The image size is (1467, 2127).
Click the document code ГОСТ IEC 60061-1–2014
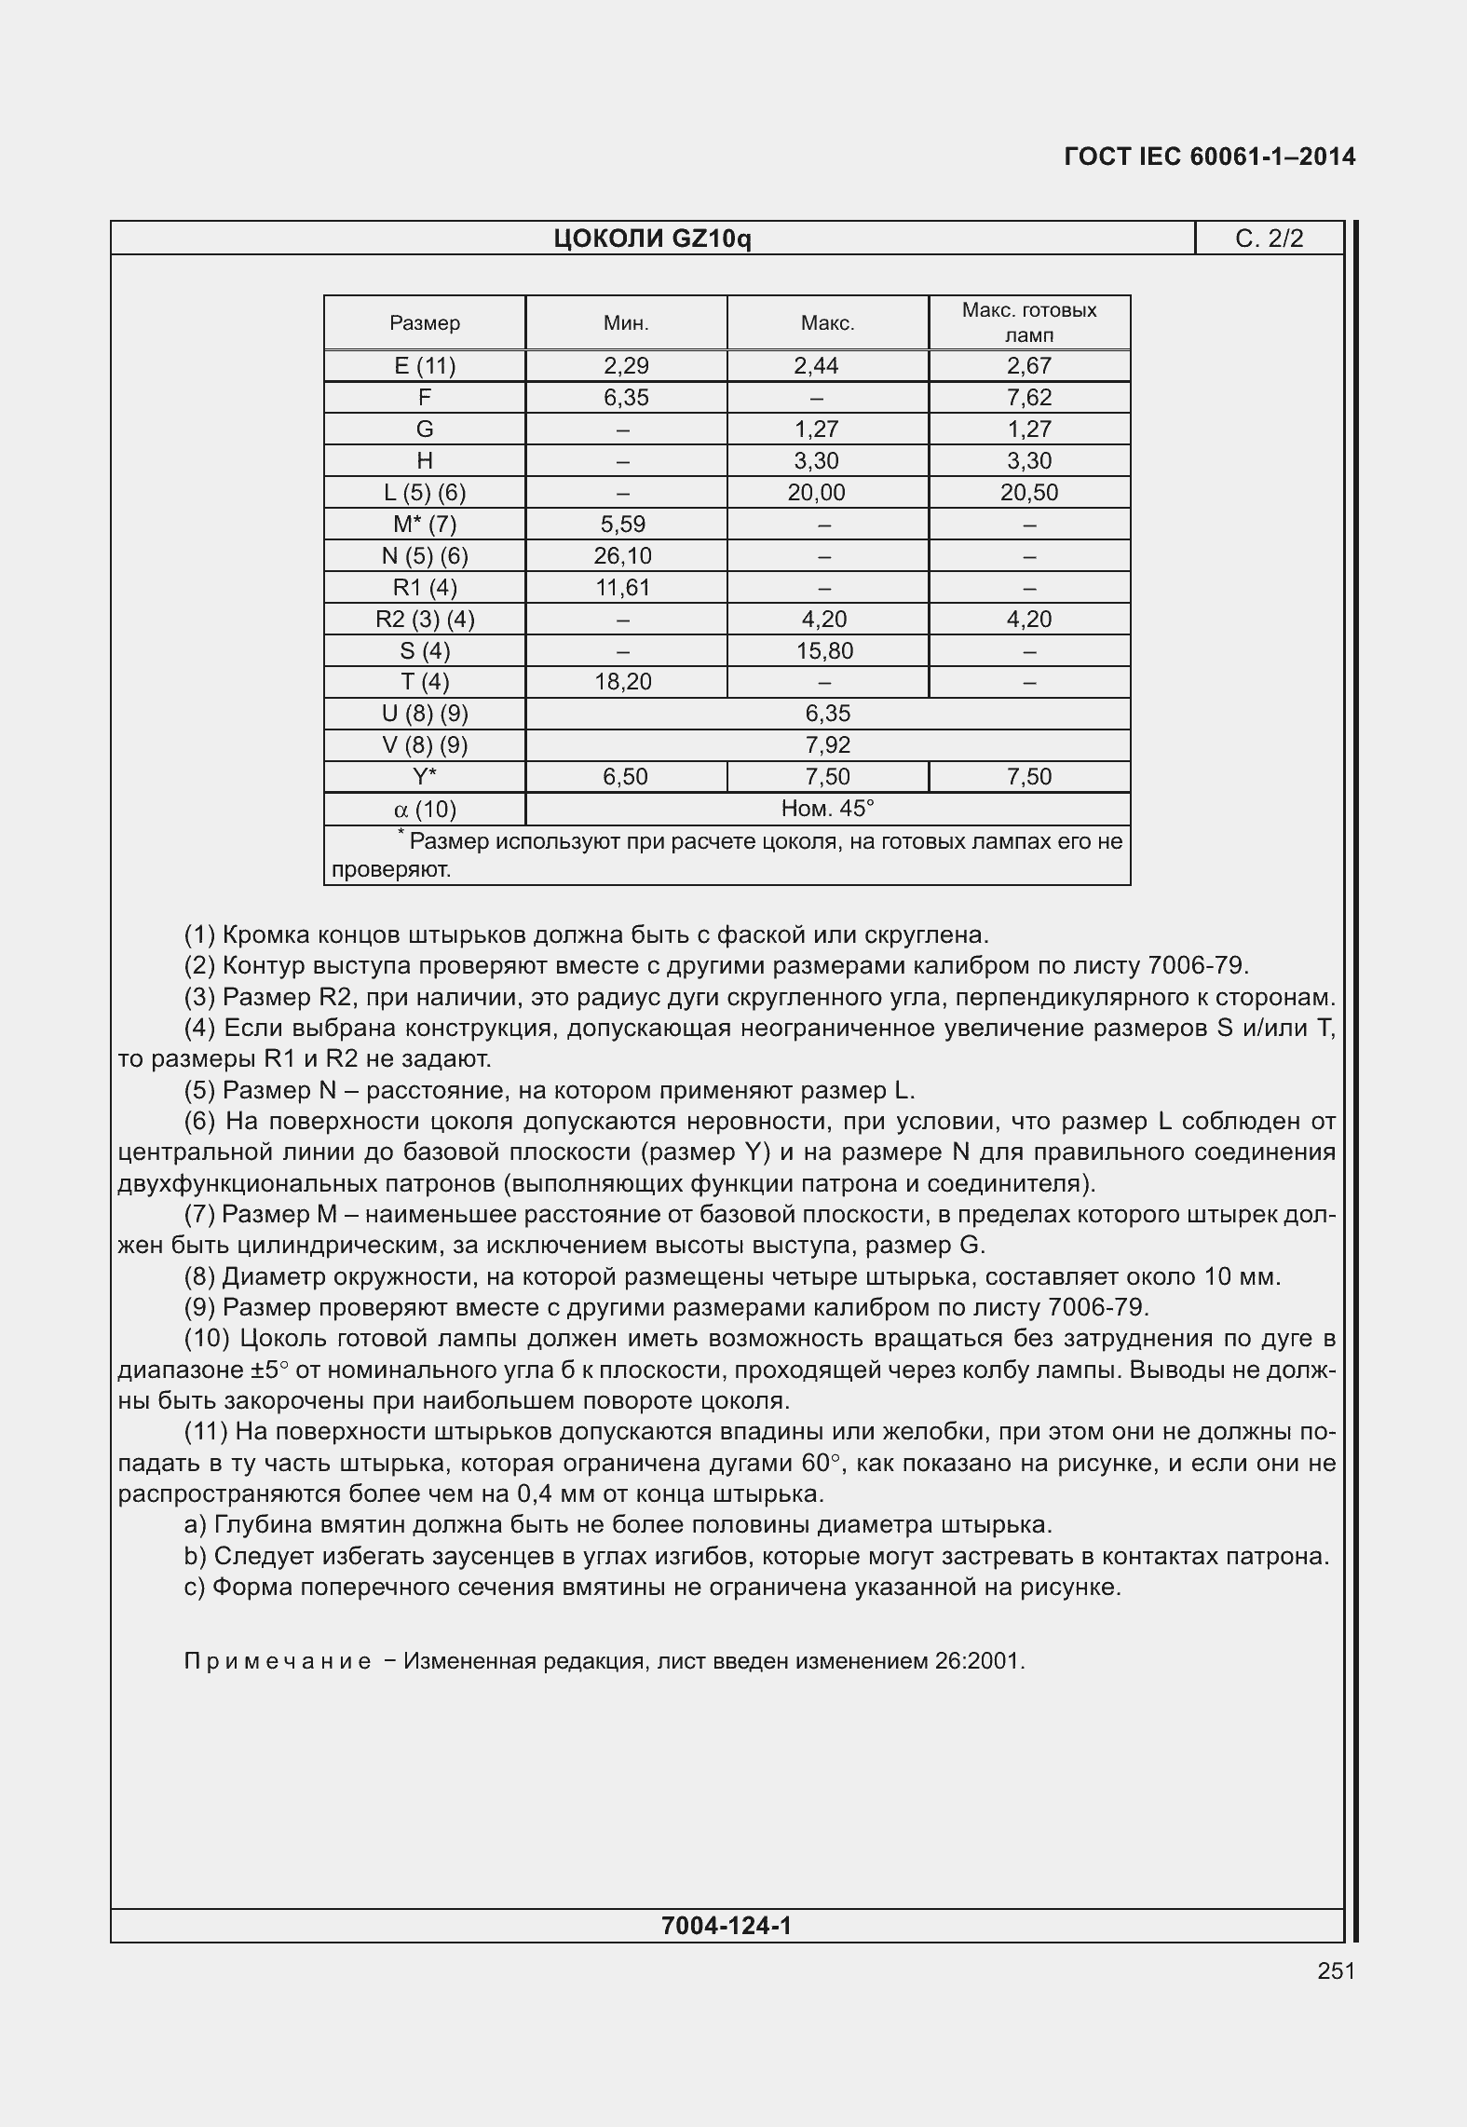(x=1209, y=157)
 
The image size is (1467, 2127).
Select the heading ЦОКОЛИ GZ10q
(x=652, y=239)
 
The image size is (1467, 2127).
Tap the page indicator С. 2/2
(x=1269, y=239)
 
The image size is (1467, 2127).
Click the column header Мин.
(x=626, y=323)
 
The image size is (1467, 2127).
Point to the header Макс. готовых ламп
(x=1028, y=322)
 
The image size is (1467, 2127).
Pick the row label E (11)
(x=425, y=366)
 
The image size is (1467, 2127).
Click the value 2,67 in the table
(x=1028, y=366)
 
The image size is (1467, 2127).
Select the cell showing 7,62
(x=1028, y=398)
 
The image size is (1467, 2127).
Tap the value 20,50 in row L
(x=1028, y=493)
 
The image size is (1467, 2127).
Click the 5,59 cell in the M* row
(x=623, y=525)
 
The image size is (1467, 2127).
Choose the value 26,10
(x=623, y=556)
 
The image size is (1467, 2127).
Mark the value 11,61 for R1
(x=623, y=588)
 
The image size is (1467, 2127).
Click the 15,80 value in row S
(x=824, y=651)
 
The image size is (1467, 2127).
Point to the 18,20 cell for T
(x=623, y=682)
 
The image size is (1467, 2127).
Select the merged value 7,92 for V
(x=827, y=745)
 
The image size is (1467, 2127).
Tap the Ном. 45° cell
(x=827, y=809)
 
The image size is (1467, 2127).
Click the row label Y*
(x=425, y=777)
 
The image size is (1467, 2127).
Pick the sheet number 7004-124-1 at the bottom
(x=726, y=1925)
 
